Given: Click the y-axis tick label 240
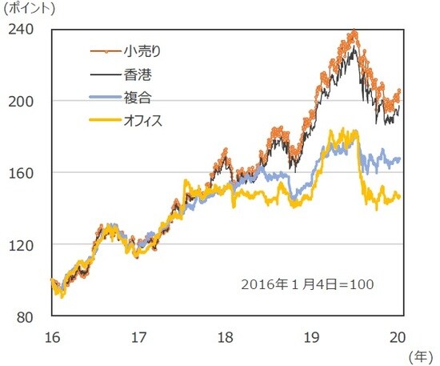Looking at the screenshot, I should click(x=21, y=30).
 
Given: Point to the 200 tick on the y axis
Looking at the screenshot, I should click(x=21, y=102).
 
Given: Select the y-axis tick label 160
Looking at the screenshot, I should click(x=21, y=173).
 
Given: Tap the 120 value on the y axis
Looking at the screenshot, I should click(x=21, y=245).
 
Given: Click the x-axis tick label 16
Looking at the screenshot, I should click(x=50, y=335).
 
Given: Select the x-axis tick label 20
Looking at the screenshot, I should click(x=399, y=335).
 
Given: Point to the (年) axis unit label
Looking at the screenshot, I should click(x=421, y=353).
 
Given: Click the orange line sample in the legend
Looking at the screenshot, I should click(x=104, y=52).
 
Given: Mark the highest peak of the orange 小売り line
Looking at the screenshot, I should click(x=354, y=33).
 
